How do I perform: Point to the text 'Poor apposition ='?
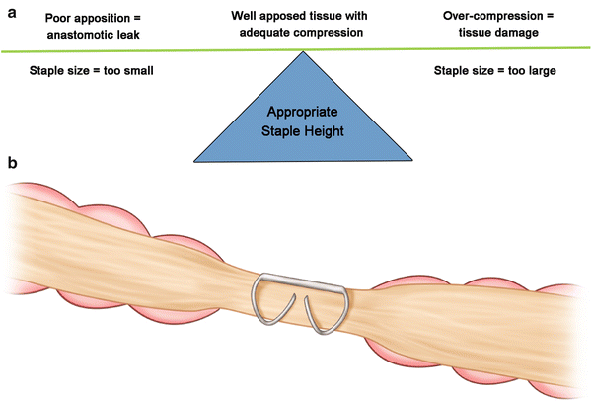[x=95, y=17]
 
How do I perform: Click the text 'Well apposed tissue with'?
[x=299, y=17]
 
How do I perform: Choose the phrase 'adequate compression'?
[x=299, y=33]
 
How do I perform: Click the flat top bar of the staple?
[x=301, y=280]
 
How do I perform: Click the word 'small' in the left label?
[x=136, y=71]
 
